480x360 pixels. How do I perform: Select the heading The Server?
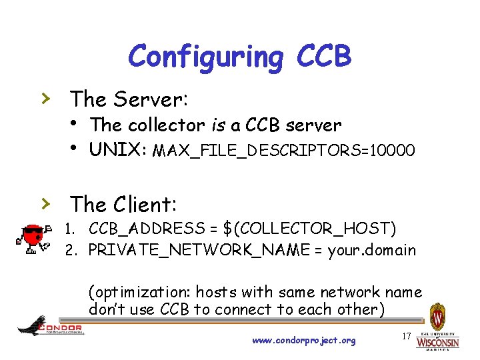(130, 100)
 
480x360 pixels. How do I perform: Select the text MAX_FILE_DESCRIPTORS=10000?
(283, 151)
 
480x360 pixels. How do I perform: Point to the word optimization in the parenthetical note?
(137, 292)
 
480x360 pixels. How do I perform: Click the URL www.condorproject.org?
(303, 341)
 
